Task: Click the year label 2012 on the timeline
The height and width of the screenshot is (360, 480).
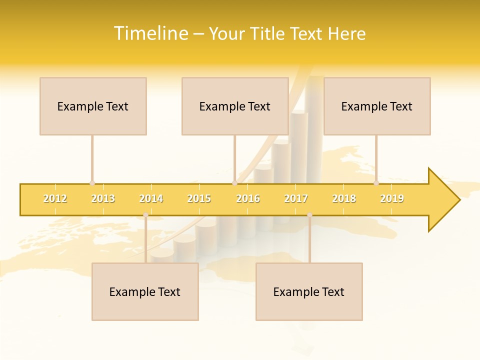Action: pyautogui.click(x=55, y=198)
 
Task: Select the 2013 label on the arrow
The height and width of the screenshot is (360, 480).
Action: pyautogui.click(x=103, y=198)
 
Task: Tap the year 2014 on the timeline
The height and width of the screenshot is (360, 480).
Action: pyautogui.click(x=151, y=198)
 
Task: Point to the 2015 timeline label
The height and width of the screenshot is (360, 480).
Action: pyautogui.click(x=199, y=198)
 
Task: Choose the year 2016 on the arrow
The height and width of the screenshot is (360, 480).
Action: pyautogui.click(x=248, y=198)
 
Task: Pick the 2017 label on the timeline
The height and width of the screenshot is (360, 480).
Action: pyautogui.click(x=296, y=198)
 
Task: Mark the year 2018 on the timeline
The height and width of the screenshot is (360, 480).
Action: pyautogui.click(x=344, y=198)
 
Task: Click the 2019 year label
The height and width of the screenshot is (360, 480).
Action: pyautogui.click(x=392, y=198)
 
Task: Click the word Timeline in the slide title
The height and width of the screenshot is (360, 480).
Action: pyautogui.click(x=150, y=33)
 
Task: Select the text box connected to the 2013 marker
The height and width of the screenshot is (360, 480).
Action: pyautogui.click(x=93, y=106)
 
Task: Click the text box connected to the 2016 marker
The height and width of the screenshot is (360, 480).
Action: pyautogui.click(x=235, y=106)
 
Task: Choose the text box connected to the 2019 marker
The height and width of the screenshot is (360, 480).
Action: pyautogui.click(x=377, y=106)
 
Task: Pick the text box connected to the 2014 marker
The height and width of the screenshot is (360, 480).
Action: pyautogui.click(x=145, y=291)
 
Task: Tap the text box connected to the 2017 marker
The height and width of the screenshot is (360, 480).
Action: pyautogui.click(x=309, y=291)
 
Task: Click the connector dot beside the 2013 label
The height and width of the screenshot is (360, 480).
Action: pyautogui.click(x=92, y=183)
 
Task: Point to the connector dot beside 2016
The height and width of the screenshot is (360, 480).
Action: pyautogui.click(x=234, y=183)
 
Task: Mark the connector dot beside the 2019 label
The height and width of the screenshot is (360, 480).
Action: pyautogui.click(x=376, y=183)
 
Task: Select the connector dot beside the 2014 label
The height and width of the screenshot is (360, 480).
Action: pyautogui.click(x=145, y=215)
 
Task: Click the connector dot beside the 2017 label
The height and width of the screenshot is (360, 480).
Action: pyautogui.click(x=309, y=215)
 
